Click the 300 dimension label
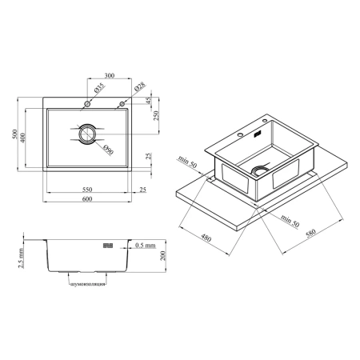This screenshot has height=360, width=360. pos(110,75)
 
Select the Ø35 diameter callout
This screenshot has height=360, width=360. pos(99,88)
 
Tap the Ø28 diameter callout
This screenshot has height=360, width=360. pos(140,86)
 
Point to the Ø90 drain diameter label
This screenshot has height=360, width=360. pos(109,150)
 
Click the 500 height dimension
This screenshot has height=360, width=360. pos(14,134)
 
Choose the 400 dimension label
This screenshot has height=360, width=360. pos(22,138)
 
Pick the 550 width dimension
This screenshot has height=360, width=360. pos(87,190)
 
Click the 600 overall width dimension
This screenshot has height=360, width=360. pos(87,199)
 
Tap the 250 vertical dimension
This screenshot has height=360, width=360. pos(156,115)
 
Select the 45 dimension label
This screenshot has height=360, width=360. pos(149,100)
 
